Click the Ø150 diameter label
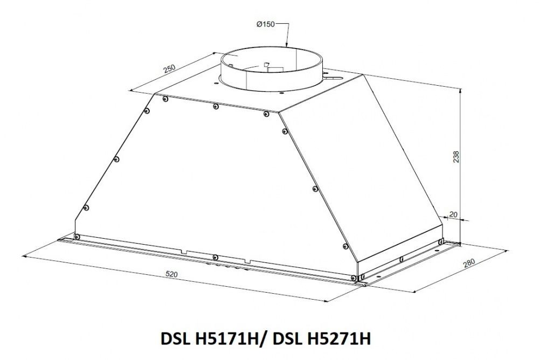(x=266, y=24)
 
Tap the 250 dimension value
(x=169, y=68)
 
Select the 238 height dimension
(x=456, y=157)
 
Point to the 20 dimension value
(x=453, y=214)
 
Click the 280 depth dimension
(x=469, y=263)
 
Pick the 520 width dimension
(x=171, y=274)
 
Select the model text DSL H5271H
(x=322, y=338)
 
